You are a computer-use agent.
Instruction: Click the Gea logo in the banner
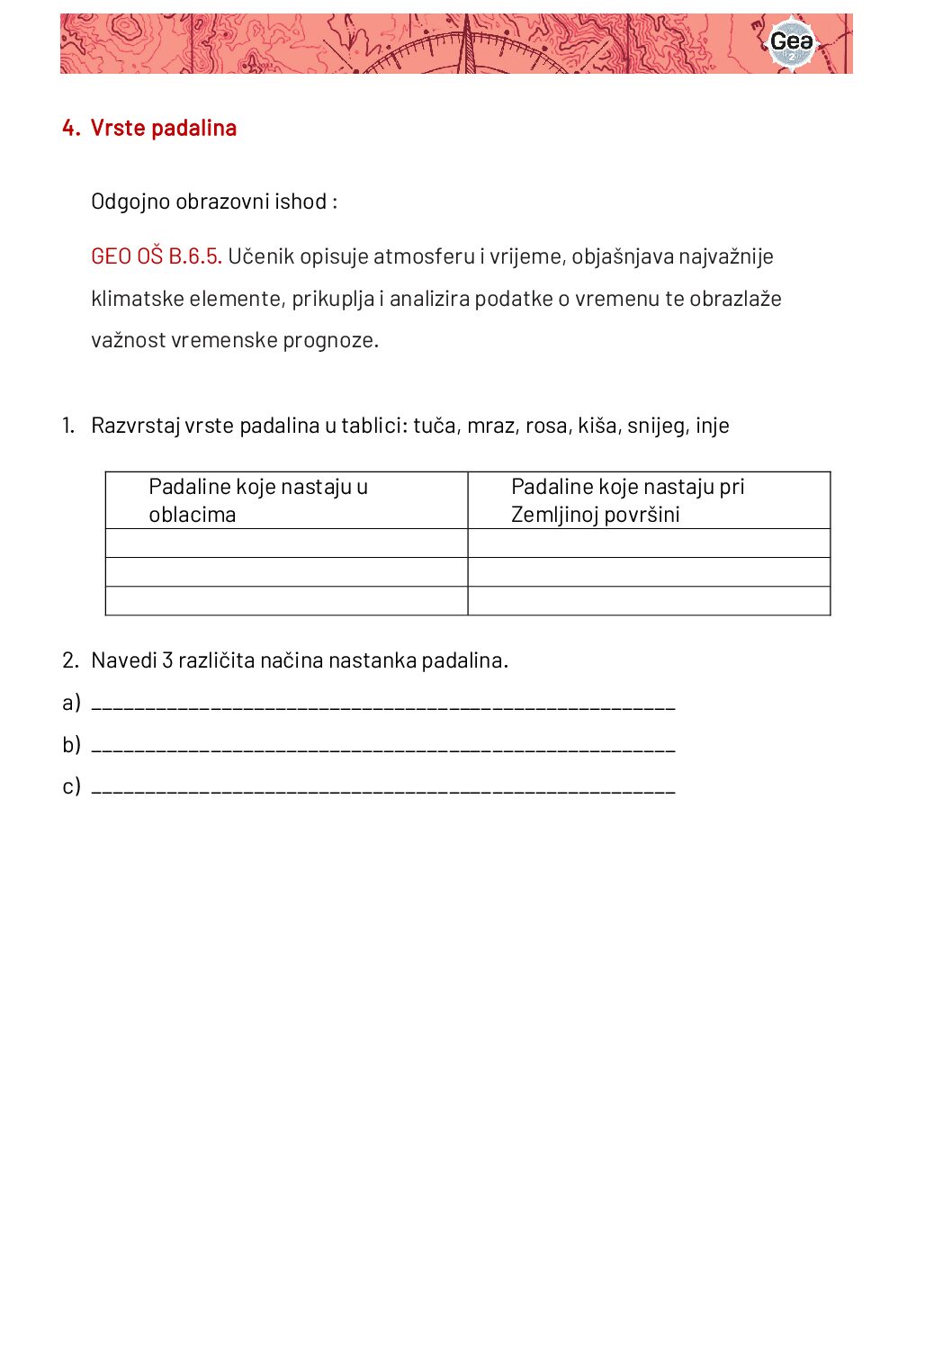pos(791,42)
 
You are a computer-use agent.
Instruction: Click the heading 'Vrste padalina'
pos(163,128)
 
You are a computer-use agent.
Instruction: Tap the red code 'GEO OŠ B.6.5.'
pos(156,256)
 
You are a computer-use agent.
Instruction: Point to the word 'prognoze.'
pos(331,340)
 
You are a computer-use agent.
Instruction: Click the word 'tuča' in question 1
pos(435,426)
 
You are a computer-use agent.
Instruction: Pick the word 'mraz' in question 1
pos(489,426)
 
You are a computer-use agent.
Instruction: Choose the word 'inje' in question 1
pos(712,426)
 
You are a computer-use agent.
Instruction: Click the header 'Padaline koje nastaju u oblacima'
pos(258,500)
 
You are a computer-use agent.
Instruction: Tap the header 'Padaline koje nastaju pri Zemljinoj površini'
pos(627,500)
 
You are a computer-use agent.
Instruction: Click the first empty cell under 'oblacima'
pos(286,543)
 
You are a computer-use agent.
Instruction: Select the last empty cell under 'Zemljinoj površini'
pos(649,601)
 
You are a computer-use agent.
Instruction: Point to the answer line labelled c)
pos(383,788)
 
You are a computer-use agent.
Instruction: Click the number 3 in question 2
pos(167,660)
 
